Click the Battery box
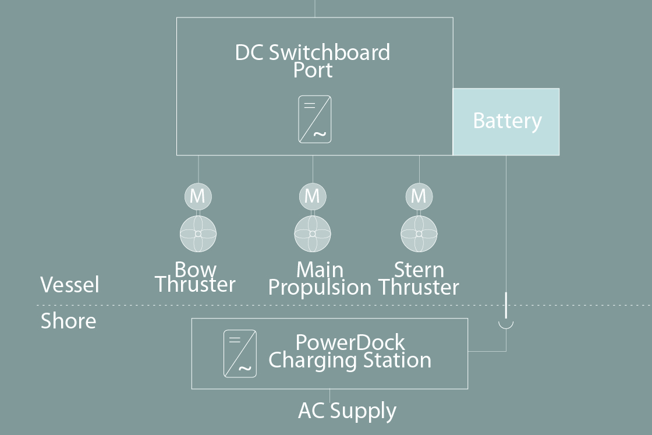tap(506, 122)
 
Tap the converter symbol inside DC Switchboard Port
tap(315, 119)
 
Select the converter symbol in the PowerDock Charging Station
tap(240, 353)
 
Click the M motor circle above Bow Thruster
tap(197, 196)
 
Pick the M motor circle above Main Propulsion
tap(313, 196)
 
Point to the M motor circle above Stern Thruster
tap(419, 196)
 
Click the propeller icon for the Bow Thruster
tap(198, 234)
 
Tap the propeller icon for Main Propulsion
tap(313, 234)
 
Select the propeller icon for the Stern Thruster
tap(419, 234)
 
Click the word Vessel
tap(70, 285)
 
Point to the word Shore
tap(68, 321)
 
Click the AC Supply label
tap(347, 411)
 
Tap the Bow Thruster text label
tap(195, 277)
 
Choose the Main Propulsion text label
tap(320, 278)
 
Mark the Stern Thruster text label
tap(419, 278)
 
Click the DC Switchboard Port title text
tap(313, 61)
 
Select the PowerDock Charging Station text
tap(350, 351)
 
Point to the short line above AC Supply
tap(330, 395)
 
